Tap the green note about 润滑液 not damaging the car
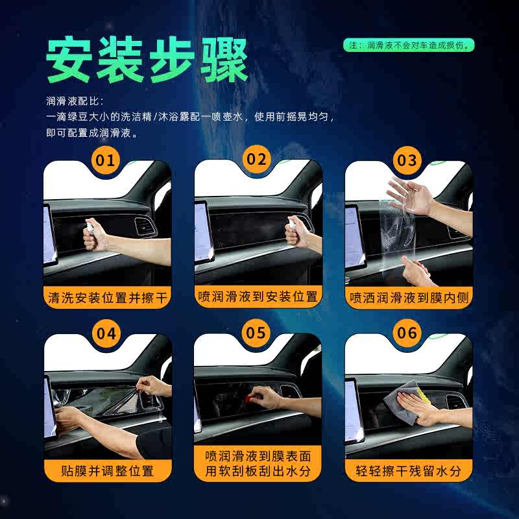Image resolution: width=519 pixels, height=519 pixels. click(409, 45)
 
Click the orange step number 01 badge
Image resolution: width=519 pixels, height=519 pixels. click(107, 160)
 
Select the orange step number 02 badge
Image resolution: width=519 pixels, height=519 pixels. click(258, 160)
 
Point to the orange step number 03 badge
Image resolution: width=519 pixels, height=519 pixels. click(408, 160)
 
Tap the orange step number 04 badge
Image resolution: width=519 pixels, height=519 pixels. click(107, 333)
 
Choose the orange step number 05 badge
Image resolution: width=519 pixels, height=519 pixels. click(258, 333)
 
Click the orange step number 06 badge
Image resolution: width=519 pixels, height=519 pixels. click(408, 333)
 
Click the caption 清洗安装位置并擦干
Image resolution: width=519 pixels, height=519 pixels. click(108, 298)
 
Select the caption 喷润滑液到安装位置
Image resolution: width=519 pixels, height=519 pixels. click(258, 297)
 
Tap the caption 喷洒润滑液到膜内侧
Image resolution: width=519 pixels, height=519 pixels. click(409, 298)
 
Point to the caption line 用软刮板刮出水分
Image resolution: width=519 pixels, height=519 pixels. click(258, 473)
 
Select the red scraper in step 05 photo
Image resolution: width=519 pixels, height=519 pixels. click(248, 397)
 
